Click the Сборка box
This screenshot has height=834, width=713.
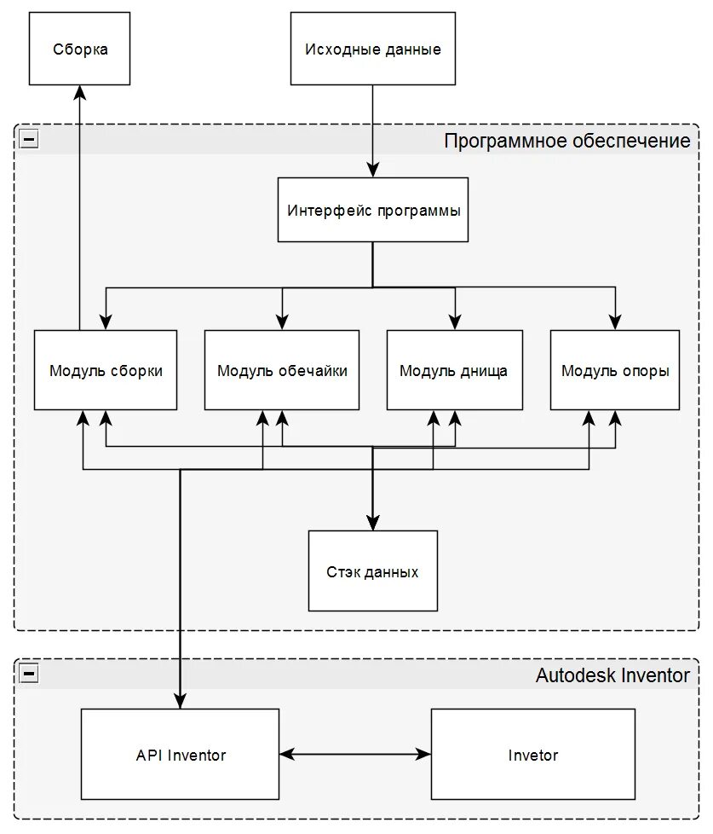click(x=80, y=49)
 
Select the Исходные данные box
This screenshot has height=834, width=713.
click(x=373, y=49)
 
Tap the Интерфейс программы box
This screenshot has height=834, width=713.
click(x=373, y=210)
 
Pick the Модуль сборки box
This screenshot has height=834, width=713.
click(x=106, y=370)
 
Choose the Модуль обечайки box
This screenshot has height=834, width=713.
click(x=282, y=370)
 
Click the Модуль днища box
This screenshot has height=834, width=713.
click(x=455, y=370)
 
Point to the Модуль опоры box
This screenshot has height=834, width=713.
click(x=615, y=370)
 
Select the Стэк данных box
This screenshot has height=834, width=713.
click(x=373, y=570)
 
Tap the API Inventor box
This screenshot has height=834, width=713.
click(x=180, y=754)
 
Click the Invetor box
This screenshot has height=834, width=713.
click(x=533, y=754)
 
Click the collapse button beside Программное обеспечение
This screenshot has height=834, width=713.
click(x=29, y=139)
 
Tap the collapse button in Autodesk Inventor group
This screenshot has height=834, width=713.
click(x=29, y=674)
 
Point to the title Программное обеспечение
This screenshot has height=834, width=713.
click(x=566, y=141)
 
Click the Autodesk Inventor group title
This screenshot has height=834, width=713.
click(x=612, y=675)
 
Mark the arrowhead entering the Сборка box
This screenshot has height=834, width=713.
click(x=80, y=92)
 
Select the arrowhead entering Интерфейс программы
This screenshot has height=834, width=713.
click(x=373, y=170)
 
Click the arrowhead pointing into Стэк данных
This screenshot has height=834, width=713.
click(x=373, y=523)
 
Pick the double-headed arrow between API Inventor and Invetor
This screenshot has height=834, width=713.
click(x=355, y=754)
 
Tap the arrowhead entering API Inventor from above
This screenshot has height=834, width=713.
click(x=180, y=701)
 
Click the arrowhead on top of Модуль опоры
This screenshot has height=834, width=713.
click(x=615, y=322)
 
